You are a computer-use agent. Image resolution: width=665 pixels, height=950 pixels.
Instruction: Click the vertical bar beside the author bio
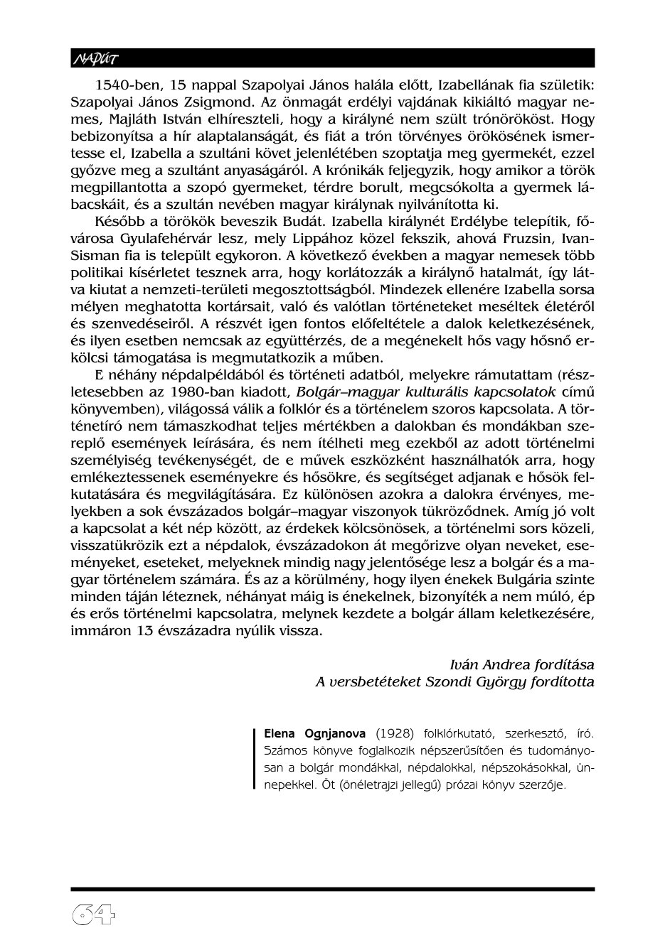pyautogui.click(x=254, y=759)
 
